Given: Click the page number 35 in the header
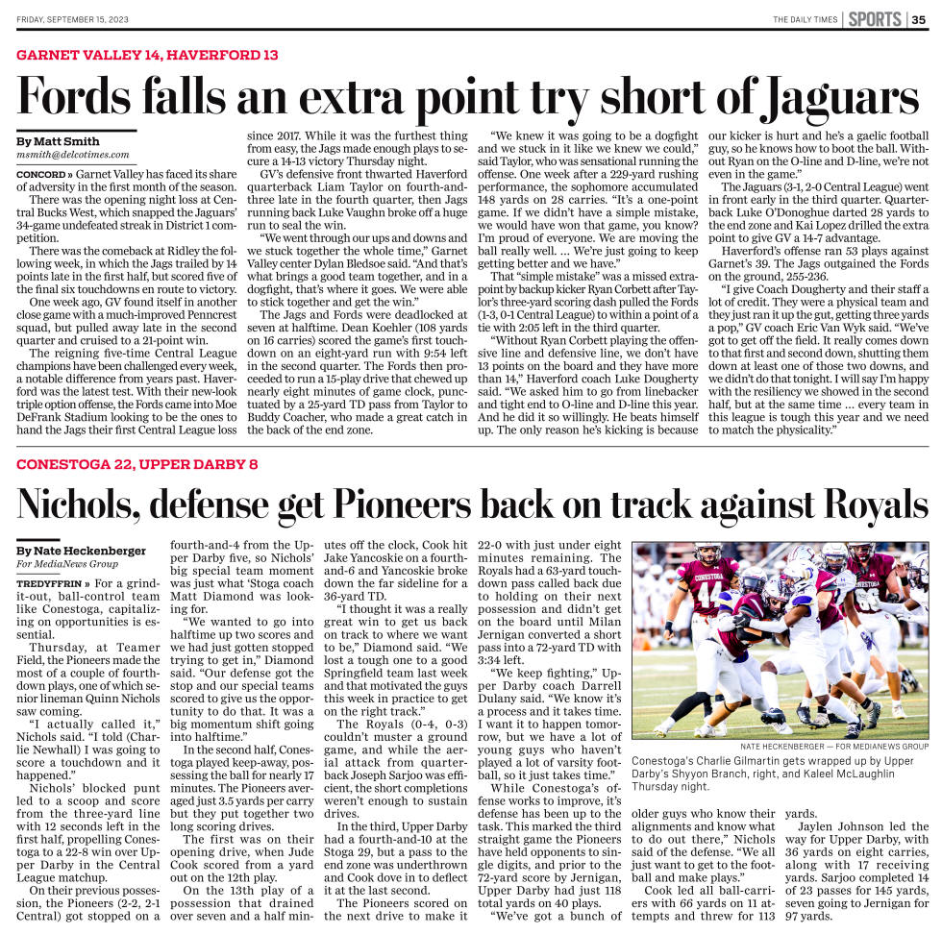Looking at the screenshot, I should coord(920,19).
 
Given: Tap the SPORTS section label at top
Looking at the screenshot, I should coord(873,19).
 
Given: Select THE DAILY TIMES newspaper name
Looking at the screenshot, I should coord(805,19).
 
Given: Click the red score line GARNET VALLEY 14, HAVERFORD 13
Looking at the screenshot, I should coord(147,56).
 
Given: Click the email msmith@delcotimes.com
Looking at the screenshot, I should coord(73,155).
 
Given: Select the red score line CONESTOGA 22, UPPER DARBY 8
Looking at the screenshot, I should coord(137,465).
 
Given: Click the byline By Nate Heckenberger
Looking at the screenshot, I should coord(82,551).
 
